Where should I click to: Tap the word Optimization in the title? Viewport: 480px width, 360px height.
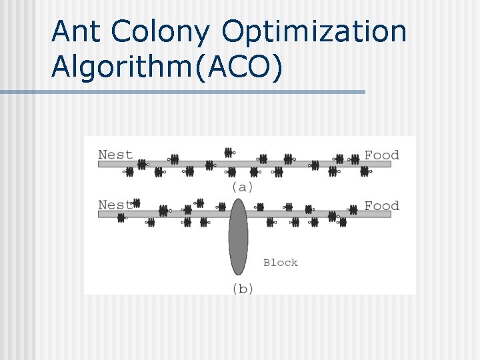pos(314,31)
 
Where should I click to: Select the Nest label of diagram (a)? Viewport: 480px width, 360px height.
pos(115,155)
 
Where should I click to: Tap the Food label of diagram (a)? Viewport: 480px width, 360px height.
pos(381,155)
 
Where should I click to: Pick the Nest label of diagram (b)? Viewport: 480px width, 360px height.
pos(113,205)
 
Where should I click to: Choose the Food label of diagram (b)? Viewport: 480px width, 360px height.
pos(382,206)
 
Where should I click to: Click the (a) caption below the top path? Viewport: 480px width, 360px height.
pos(242,187)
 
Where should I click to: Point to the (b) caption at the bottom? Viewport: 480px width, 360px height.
pos(243,289)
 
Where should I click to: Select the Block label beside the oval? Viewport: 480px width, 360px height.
pos(281,263)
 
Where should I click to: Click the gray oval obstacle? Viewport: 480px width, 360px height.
pos(238,237)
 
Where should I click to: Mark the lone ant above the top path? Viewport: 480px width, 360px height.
pos(229,152)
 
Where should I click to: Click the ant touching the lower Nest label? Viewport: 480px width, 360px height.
pos(136,202)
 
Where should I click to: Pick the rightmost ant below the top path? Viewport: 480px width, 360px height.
pos(365,171)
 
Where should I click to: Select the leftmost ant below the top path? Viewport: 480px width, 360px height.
pos(129,172)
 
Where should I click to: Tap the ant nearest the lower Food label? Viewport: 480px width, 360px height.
pos(351,207)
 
